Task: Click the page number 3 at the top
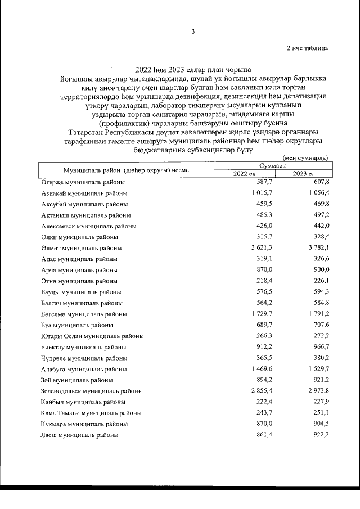coord(193,31)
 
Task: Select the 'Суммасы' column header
coord(273,166)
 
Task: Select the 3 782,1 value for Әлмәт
coord(315,247)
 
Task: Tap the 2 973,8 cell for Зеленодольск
coord(315,390)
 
